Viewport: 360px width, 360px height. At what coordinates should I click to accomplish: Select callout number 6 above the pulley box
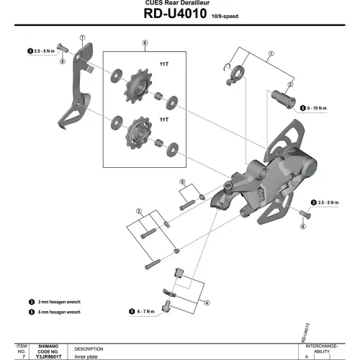pyautogui.click(x=145, y=43)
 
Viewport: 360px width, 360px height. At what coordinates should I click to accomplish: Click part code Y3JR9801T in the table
pyautogui.click(x=42, y=356)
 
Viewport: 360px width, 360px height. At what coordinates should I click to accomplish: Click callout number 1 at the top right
pyautogui.click(x=271, y=53)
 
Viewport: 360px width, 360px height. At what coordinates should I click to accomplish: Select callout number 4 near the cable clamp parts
pyautogui.click(x=207, y=303)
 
